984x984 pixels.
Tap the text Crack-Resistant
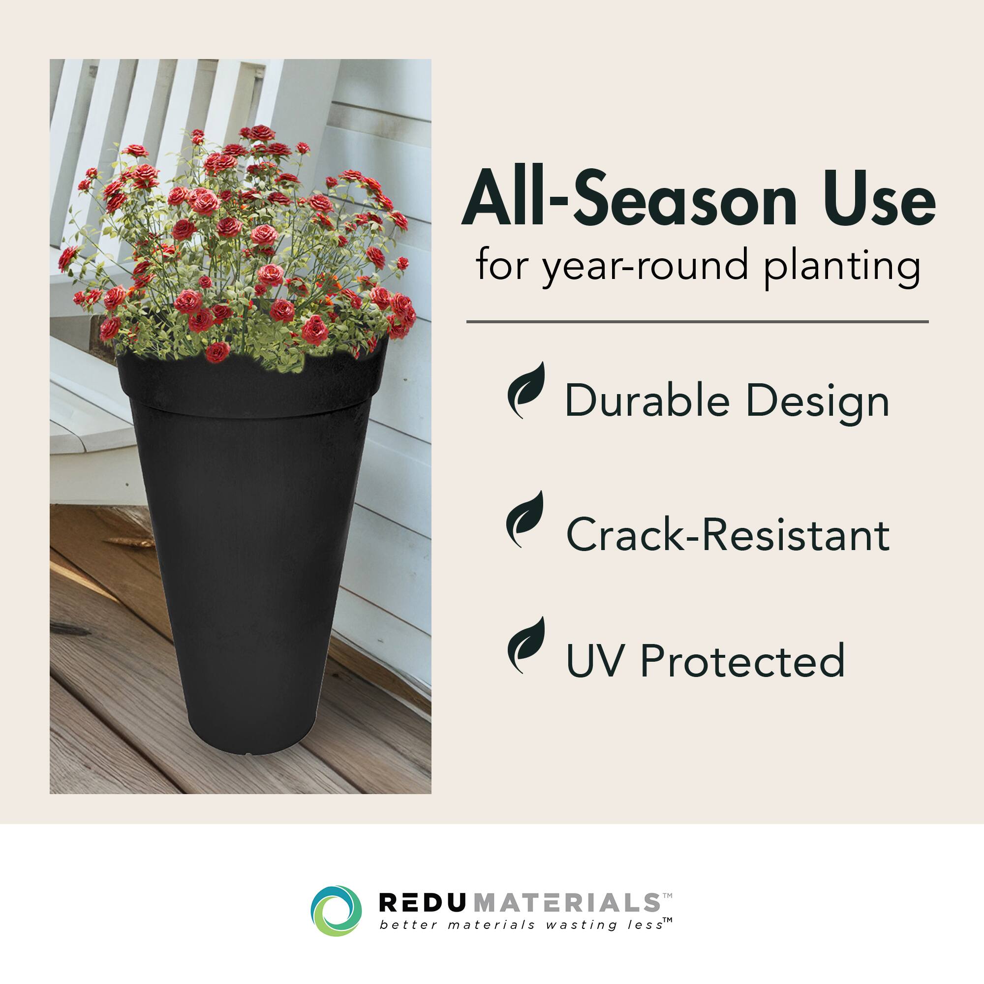point(728,534)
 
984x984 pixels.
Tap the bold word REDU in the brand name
point(422,903)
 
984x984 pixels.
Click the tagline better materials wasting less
point(522,924)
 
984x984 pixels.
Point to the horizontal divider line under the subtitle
point(697,322)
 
